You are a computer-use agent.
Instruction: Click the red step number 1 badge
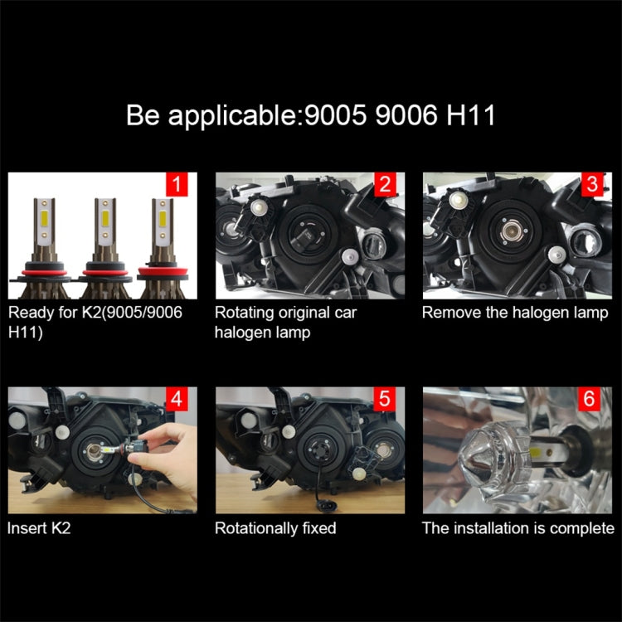177,185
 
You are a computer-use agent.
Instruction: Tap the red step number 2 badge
384,185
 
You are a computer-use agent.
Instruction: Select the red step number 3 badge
591,185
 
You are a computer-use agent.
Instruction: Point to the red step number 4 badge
177,399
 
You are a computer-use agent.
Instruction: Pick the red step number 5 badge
384,399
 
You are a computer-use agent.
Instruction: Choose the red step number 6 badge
591,399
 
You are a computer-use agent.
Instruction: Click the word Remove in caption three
449,313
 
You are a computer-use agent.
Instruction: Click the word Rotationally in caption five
255,527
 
